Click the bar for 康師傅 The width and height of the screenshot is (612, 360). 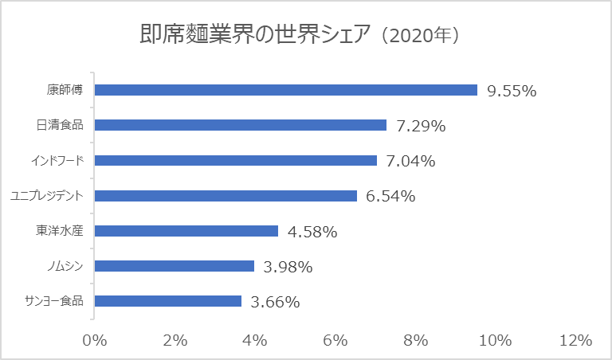pos(285,90)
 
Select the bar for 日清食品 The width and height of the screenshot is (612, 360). pos(240,125)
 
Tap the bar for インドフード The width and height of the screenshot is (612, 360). pos(235,160)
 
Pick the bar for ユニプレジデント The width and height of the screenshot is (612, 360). pos(226,196)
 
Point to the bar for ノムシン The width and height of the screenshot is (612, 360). pos(174,266)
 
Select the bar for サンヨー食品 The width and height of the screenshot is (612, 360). pos(167,301)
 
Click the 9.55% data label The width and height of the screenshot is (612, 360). pos(512,91)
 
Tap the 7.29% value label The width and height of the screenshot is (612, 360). pos(421,126)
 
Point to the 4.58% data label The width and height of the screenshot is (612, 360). pos(312,232)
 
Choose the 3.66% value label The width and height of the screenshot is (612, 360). pos(275,302)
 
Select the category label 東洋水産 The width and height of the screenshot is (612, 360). pos(61,231)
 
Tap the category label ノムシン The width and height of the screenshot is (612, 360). pos(66,266)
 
